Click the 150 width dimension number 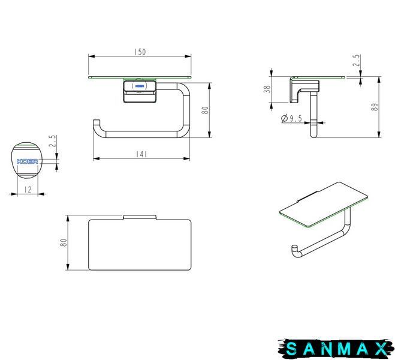point(140,52)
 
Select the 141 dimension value point(141,154)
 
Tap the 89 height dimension point(375,107)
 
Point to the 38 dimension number point(267,89)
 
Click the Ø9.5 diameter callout point(291,118)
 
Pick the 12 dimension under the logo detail point(28,190)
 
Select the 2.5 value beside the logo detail point(52,141)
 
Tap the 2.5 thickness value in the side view point(357,61)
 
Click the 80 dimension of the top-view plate point(64,243)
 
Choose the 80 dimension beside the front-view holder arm point(206,110)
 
